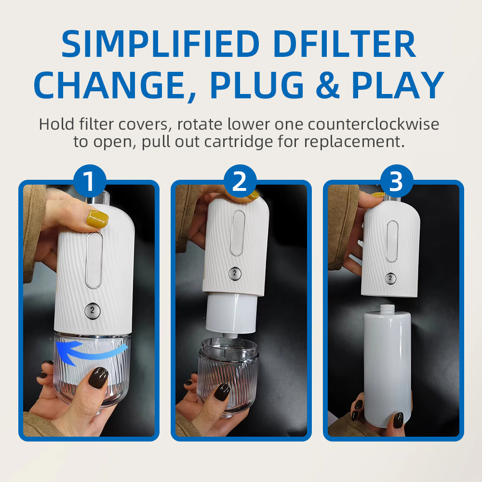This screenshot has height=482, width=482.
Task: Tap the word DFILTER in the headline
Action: [x=345, y=44]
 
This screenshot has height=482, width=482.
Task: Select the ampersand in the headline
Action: [x=327, y=85]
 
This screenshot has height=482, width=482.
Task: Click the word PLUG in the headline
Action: [x=257, y=85]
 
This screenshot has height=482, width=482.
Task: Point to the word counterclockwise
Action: [x=373, y=124]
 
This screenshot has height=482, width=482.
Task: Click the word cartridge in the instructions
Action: [x=239, y=142]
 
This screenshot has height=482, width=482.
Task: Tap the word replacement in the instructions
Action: [x=354, y=142]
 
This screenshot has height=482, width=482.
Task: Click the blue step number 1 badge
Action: [x=90, y=181]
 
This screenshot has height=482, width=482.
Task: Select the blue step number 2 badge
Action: [x=240, y=181]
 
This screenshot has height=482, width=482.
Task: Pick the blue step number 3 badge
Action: [x=397, y=181]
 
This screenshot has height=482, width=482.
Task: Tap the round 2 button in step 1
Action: [x=92, y=311]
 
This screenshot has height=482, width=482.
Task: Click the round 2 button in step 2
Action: [x=235, y=273]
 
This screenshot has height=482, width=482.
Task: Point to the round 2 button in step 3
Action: [x=390, y=278]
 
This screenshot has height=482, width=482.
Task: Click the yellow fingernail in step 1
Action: [x=98, y=218]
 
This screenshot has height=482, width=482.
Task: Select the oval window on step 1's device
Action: [x=94, y=260]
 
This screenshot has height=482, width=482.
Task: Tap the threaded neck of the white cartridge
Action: [x=388, y=308]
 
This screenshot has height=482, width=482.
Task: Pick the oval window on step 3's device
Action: [x=392, y=241]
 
